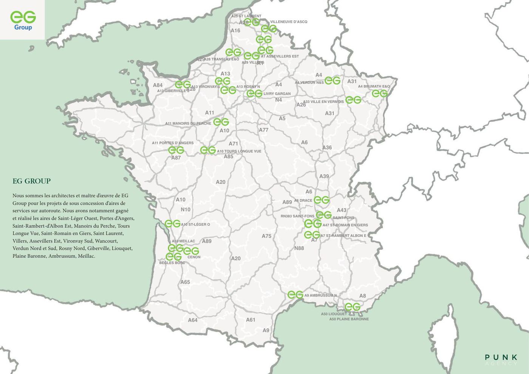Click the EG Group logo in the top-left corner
click(x=23, y=20)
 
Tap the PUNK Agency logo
click(x=501, y=359)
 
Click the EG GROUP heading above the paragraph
click(x=32, y=181)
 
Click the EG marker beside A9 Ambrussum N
click(x=295, y=295)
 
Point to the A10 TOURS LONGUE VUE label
click(x=239, y=151)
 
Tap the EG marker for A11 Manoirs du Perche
click(x=221, y=122)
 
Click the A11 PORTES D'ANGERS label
click(x=173, y=143)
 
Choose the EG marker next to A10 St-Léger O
click(x=173, y=224)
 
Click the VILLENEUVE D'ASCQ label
click(x=289, y=22)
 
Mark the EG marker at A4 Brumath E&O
click(x=380, y=93)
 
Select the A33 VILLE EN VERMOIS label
click(x=323, y=102)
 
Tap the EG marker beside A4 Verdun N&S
click(x=333, y=80)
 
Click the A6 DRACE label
click(x=303, y=201)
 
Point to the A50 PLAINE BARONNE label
click(x=349, y=319)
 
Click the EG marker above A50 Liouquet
click(x=353, y=307)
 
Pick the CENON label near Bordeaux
click(x=194, y=257)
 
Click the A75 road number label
click(x=267, y=236)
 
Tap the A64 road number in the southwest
click(x=193, y=320)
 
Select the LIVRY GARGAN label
click(x=277, y=94)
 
